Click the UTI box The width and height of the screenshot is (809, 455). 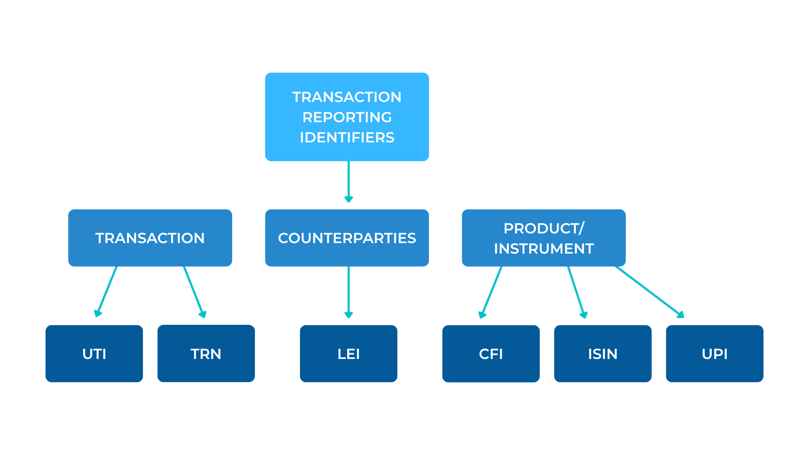(94, 353)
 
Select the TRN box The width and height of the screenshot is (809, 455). (206, 353)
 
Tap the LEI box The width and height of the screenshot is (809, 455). (348, 353)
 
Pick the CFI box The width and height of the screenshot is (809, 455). (491, 353)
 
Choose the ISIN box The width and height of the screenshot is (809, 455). (603, 353)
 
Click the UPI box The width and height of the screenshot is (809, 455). (714, 353)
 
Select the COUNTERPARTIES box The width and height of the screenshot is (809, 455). (347, 238)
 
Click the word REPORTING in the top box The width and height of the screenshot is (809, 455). (347, 117)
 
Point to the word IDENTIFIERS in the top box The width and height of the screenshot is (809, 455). (347, 137)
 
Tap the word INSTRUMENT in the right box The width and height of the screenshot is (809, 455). (544, 249)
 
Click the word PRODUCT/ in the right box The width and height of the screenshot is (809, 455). (544, 228)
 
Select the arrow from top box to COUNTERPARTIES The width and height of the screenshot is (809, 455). (348, 181)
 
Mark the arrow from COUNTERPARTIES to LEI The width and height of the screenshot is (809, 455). (348, 292)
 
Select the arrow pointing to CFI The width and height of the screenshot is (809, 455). (491, 292)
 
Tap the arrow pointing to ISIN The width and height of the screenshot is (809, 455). (576, 292)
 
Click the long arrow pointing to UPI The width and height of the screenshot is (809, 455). (649, 292)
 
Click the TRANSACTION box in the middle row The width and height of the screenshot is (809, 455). (150, 238)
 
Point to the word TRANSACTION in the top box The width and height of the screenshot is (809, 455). (347, 97)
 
